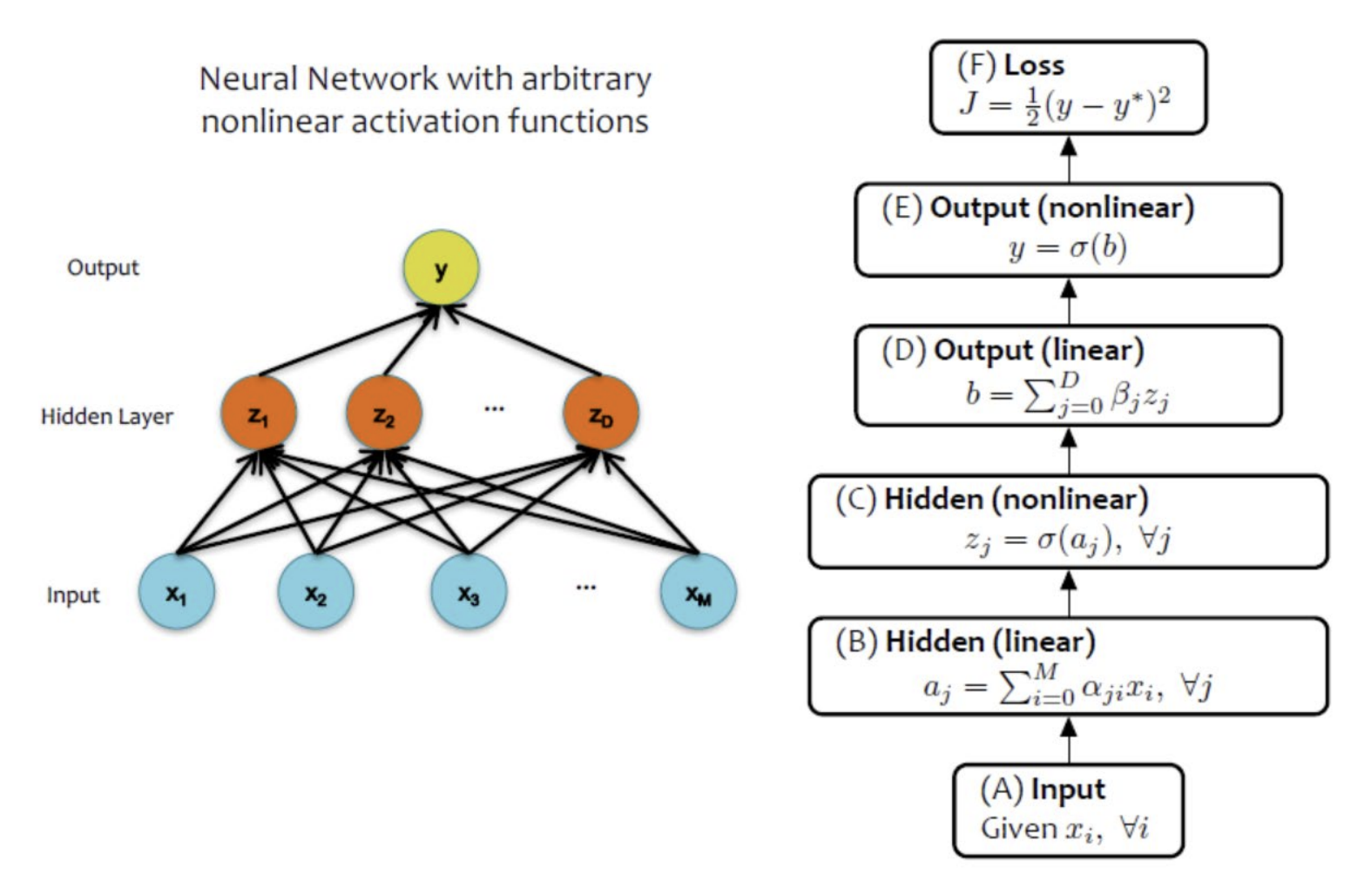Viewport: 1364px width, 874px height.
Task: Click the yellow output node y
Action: pyautogui.click(x=441, y=268)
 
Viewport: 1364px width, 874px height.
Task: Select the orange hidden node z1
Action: pyautogui.click(x=259, y=413)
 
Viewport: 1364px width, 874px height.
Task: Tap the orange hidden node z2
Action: pyautogui.click(x=384, y=413)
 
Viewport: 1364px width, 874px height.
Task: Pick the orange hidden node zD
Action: pyautogui.click(x=601, y=413)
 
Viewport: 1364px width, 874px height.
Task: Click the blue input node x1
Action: pyautogui.click(x=177, y=592)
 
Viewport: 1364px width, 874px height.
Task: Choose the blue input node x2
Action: pyautogui.click(x=315, y=592)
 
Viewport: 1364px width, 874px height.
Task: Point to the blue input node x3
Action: pyautogui.click(x=469, y=592)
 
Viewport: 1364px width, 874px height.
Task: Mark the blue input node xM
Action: pyautogui.click(x=699, y=592)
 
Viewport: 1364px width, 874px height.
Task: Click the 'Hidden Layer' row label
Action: pyautogui.click(x=107, y=417)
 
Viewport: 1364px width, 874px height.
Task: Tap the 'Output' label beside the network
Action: pyautogui.click(x=103, y=267)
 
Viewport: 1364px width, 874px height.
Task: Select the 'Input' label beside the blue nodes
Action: pyautogui.click(x=73, y=595)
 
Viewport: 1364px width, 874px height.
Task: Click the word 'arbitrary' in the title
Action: pyautogui.click(x=585, y=79)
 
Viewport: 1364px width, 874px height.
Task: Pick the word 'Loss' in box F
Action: pyautogui.click(x=1034, y=65)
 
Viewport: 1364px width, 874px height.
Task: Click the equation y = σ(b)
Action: pyautogui.click(x=1068, y=248)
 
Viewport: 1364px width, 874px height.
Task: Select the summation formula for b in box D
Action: pyautogui.click(x=1068, y=394)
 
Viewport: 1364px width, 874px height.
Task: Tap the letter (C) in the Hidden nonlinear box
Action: pyautogui.click(x=855, y=500)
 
